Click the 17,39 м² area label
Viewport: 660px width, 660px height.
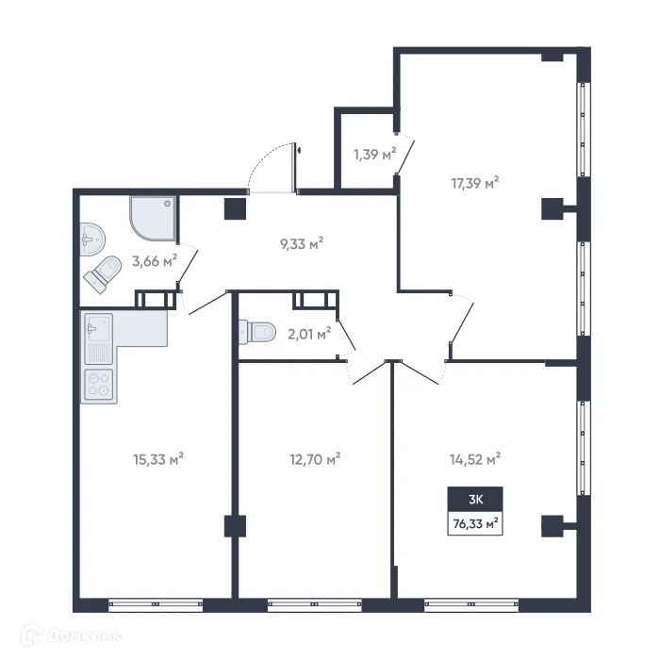[x=474, y=183]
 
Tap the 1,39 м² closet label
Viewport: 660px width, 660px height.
[x=373, y=154]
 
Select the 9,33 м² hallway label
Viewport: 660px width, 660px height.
[x=302, y=243]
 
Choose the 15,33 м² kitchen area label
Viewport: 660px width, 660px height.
[x=158, y=459]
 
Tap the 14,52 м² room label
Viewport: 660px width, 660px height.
[x=474, y=459]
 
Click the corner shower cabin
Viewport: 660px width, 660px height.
[x=151, y=216]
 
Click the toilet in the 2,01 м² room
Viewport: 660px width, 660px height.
[x=256, y=331]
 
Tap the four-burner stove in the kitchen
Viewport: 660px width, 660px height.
[x=98, y=384]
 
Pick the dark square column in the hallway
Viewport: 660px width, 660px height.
[x=233, y=209]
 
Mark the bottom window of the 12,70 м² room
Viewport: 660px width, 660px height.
[x=314, y=603]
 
